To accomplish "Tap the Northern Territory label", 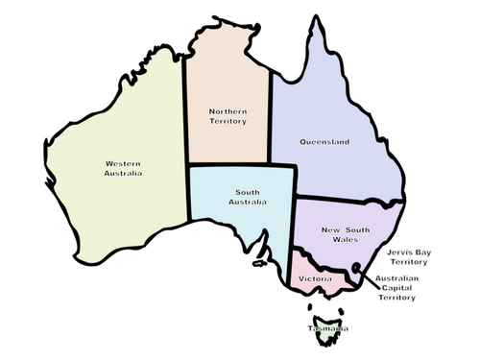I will tap(228, 117).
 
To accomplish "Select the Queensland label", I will tap(324, 142).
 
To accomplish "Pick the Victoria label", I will tap(316, 278).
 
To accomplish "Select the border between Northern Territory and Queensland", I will tap(271, 115).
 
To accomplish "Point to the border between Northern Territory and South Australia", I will tap(230, 165).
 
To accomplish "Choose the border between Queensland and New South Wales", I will tap(346, 199).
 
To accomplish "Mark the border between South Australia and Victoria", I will tap(290, 264).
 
